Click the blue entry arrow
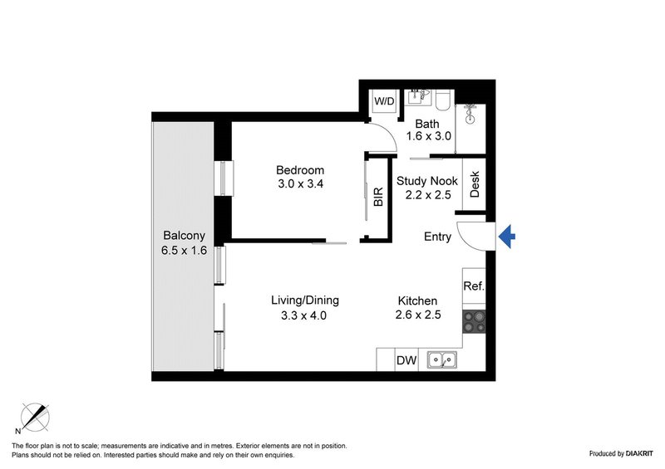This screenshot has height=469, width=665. [x=507, y=238]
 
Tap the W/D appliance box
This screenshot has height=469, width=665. [x=384, y=101]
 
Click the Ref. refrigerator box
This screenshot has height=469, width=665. [x=474, y=286]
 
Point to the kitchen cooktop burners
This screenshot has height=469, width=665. [x=474, y=321]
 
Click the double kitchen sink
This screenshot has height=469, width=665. [x=441, y=360]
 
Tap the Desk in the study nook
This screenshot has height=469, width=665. [x=475, y=183]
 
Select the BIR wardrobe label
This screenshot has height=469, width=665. [x=378, y=197]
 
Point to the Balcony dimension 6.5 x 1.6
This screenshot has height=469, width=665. [x=184, y=250]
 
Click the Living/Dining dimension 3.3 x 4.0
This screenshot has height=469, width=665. [x=305, y=315]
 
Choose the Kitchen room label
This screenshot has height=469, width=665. [x=418, y=300]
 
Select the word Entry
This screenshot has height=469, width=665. [x=437, y=237]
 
